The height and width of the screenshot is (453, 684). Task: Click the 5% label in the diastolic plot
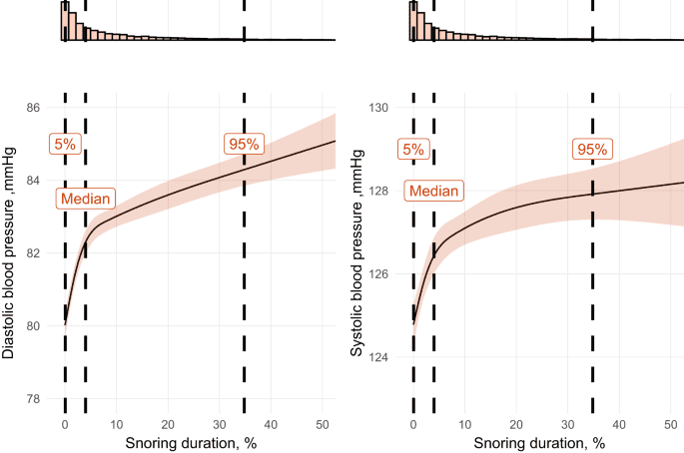(x=65, y=144)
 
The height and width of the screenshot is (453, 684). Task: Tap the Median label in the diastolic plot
(x=86, y=198)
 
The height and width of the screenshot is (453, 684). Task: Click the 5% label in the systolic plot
(x=412, y=150)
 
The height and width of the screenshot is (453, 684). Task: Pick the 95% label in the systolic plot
(x=592, y=150)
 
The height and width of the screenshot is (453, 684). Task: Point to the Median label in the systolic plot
(x=434, y=191)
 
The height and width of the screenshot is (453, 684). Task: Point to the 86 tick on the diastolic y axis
(x=34, y=108)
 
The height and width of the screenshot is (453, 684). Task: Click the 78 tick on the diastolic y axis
(x=34, y=399)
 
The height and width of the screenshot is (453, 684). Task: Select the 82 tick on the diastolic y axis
(x=34, y=253)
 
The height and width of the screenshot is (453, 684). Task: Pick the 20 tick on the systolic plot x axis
(x=516, y=421)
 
